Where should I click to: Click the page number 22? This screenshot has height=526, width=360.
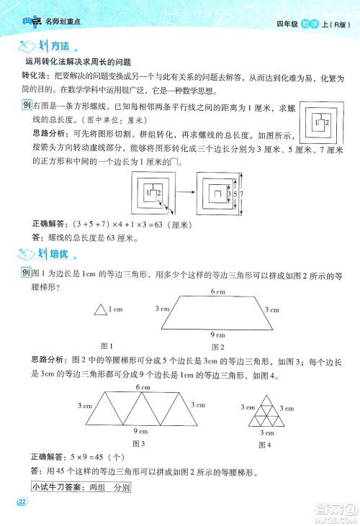tap(22, 502)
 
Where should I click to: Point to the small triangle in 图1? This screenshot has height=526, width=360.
tap(99, 310)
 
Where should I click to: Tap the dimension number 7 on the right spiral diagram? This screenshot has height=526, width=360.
tap(243, 192)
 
